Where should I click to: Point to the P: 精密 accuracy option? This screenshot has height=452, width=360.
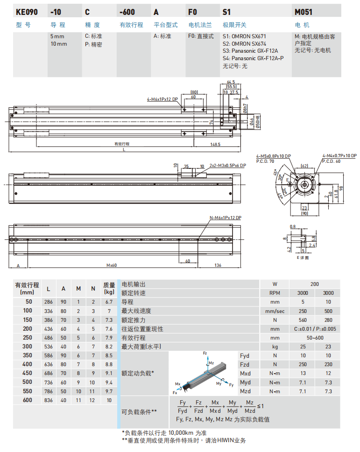click(93, 45)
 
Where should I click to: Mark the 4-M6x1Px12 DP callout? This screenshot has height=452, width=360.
click(162, 99)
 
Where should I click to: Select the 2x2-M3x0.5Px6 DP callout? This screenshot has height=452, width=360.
click(227, 166)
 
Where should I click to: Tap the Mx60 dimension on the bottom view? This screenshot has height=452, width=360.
click(111, 265)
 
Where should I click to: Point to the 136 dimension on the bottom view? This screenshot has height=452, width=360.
click(218, 265)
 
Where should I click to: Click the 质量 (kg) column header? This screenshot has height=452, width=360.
click(109, 289)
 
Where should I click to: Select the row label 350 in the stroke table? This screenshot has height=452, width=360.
click(28, 355)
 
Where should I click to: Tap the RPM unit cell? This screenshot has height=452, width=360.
click(275, 293)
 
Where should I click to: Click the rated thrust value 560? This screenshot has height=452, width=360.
click(302, 320)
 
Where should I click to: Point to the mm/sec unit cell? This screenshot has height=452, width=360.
click(275, 311)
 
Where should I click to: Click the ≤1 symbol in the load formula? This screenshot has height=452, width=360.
click(261, 406)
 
